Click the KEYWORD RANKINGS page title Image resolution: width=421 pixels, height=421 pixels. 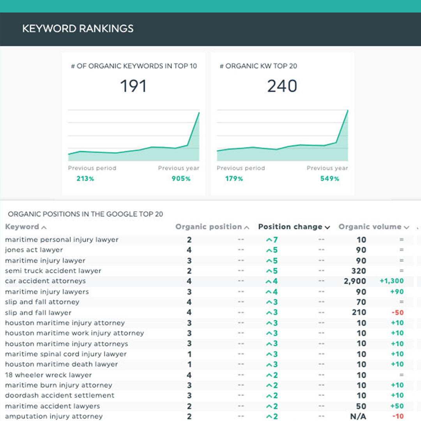[x=78, y=28]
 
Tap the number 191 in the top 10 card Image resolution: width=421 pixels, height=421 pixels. [x=133, y=86]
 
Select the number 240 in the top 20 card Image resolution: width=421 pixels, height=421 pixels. [x=282, y=86]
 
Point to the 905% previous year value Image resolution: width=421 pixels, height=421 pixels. [x=181, y=179]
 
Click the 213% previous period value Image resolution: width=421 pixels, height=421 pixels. [x=85, y=179]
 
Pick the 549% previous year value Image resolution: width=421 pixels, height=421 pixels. [x=329, y=179]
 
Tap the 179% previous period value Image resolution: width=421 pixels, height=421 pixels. [x=234, y=179]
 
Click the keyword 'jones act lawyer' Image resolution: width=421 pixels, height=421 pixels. [x=34, y=250]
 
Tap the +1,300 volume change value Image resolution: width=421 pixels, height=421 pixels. [x=391, y=281]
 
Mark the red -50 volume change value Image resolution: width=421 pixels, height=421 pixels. [x=398, y=313]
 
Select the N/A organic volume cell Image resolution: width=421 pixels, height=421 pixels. [x=358, y=416]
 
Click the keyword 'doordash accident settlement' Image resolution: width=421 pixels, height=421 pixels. [x=60, y=395]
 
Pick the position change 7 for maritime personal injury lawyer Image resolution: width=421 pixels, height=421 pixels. [x=272, y=240]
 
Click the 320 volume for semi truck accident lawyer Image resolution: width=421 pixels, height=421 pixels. [x=358, y=271]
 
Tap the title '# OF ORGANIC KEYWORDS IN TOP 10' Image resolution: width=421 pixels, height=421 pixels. [x=134, y=66]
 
